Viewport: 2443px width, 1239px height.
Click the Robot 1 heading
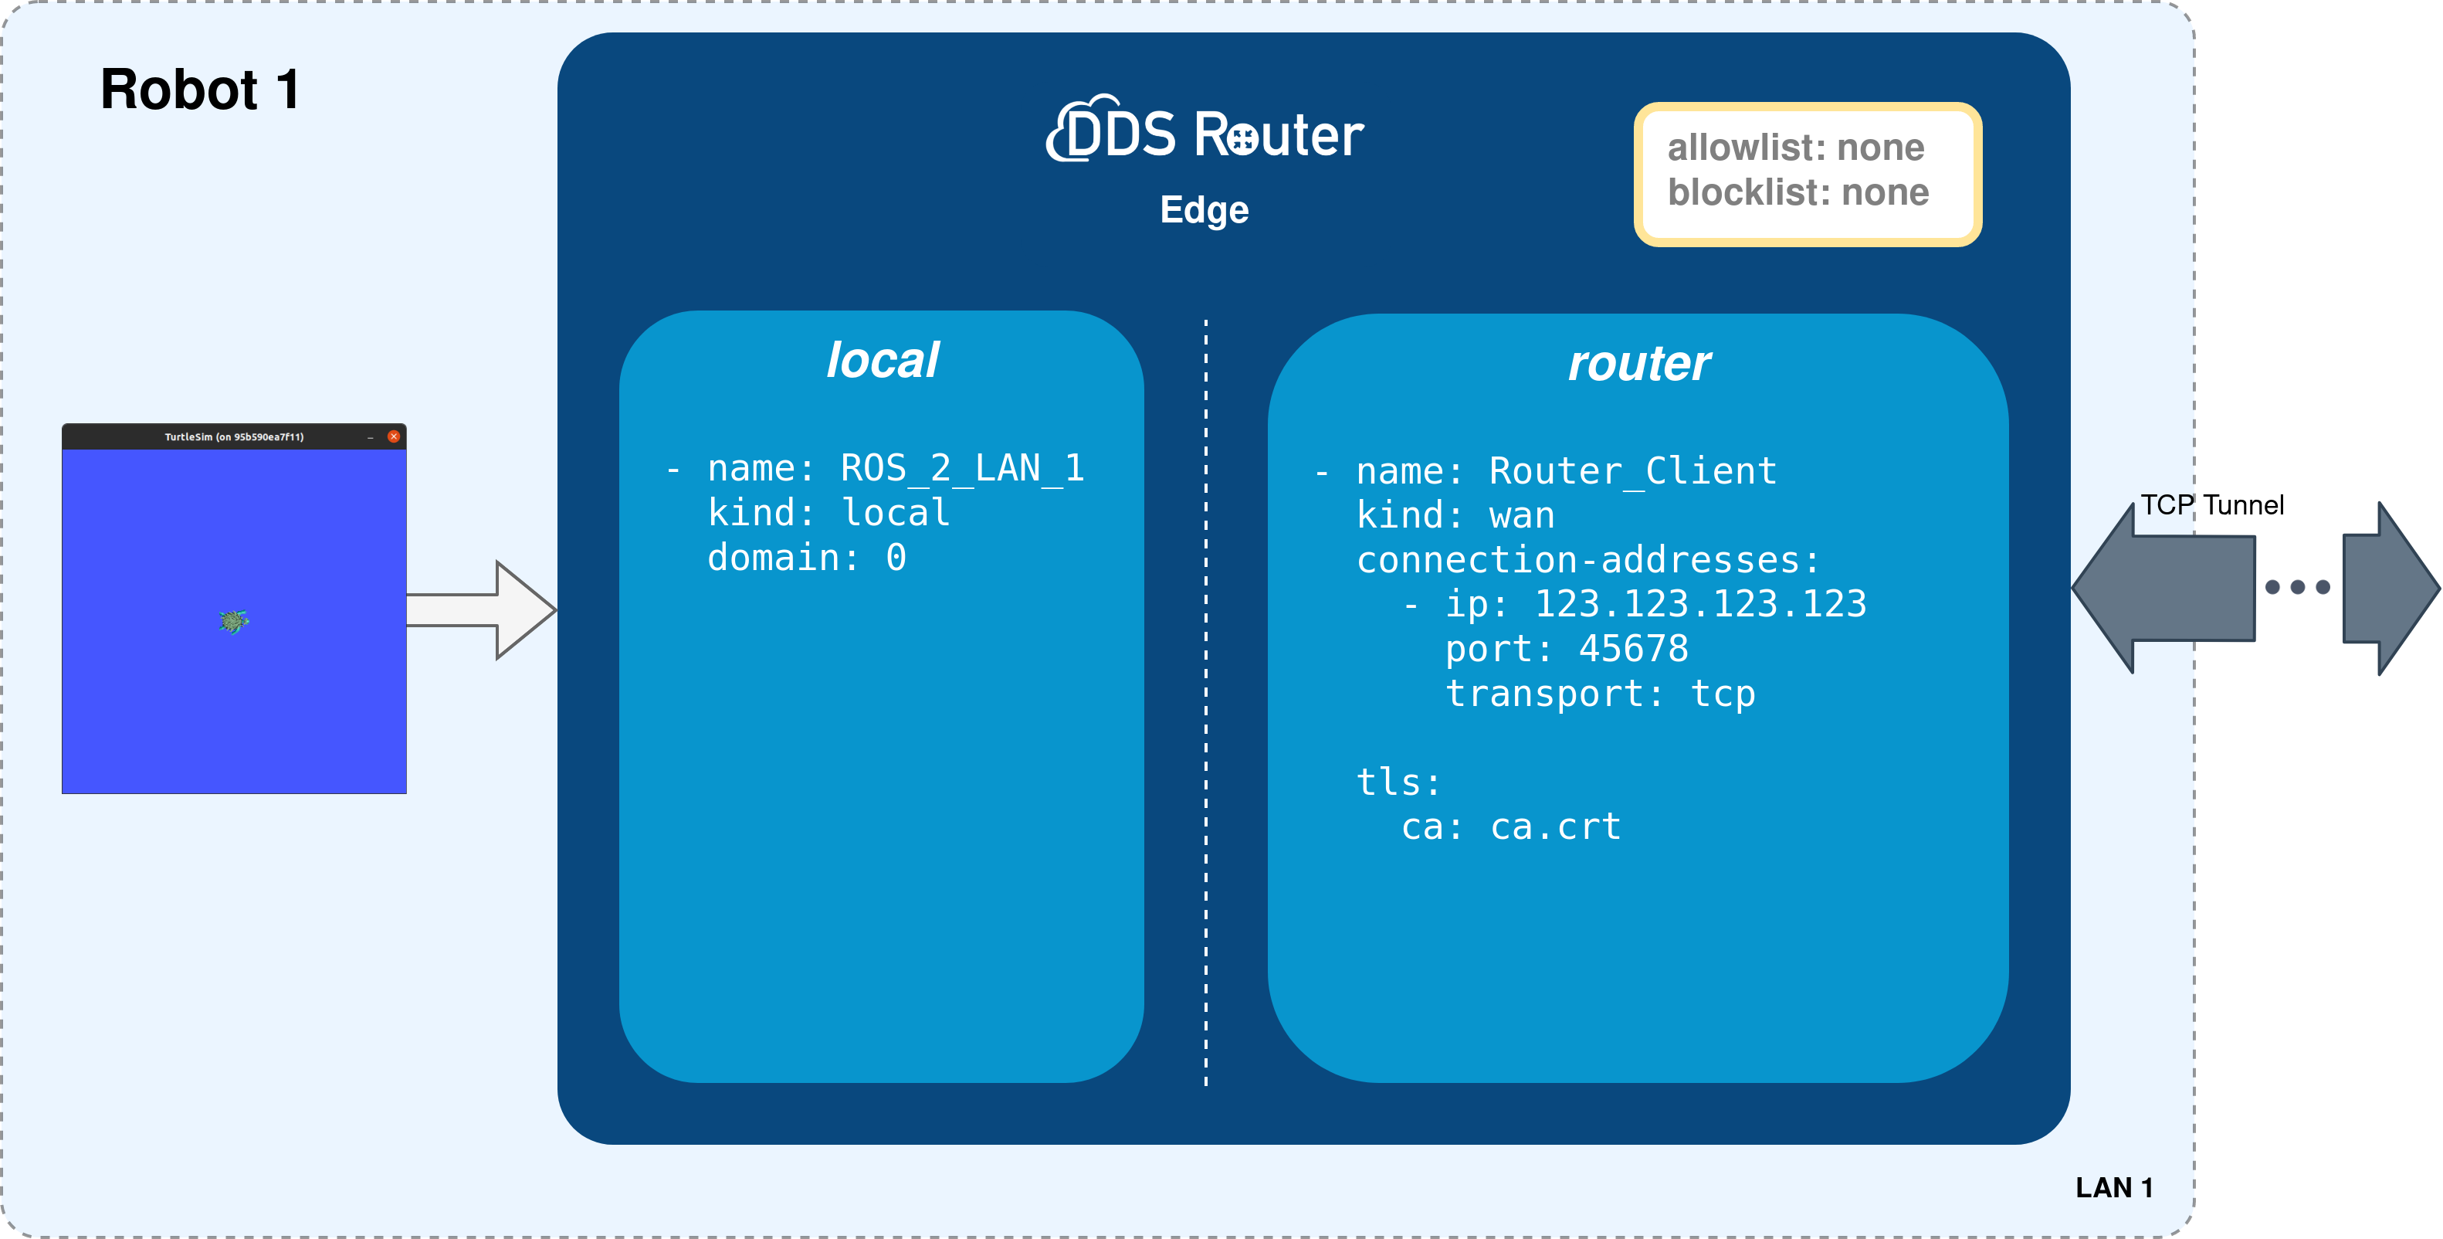(x=200, y=90)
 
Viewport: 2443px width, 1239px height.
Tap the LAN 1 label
(x=2114, y=1188)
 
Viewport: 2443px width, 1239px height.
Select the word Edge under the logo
(x=1204, y=209)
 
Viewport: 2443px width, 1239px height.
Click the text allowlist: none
(x=1795, y=148)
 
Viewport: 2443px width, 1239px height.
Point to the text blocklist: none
(x=1798, y=192)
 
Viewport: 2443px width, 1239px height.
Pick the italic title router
(x=1638, y=363)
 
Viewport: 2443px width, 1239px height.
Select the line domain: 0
(x=806, y=558)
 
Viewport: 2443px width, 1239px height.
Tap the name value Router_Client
(x=1632, y=471)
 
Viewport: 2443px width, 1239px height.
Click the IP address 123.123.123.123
(x=1699, y=604)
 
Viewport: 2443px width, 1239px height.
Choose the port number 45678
(x=1633, y=649)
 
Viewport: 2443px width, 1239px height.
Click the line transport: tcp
(x=1600, y=694)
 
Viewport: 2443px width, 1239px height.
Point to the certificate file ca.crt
(x=1555, y=827)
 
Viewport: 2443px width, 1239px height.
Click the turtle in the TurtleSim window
(x=233, y=621)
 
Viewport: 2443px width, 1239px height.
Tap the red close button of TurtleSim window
(x=394, y=436)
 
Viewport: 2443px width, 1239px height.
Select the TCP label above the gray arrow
(x=2165, y=504)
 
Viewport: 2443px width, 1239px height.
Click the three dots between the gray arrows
(x=2297, y=587)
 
